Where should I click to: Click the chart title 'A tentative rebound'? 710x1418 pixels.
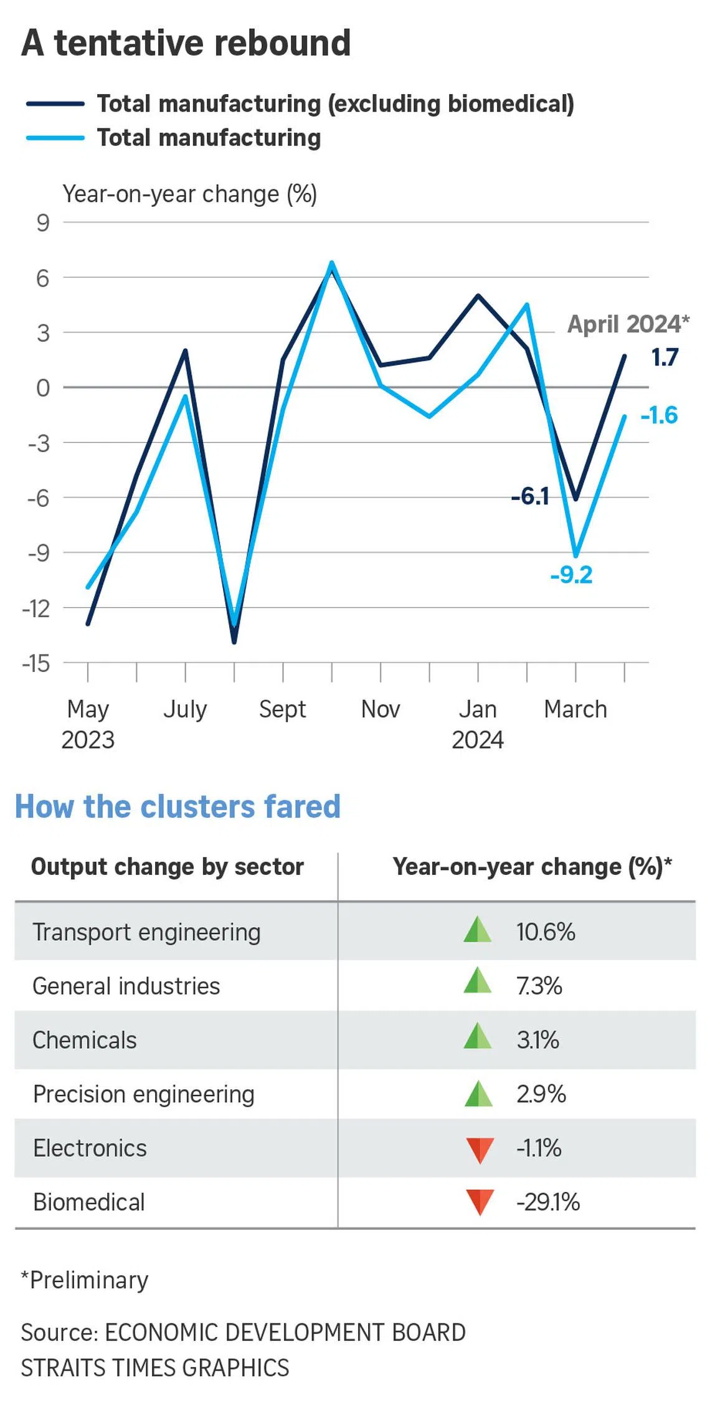click(186, 44)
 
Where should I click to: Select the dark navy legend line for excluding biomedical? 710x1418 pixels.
click(55, 104)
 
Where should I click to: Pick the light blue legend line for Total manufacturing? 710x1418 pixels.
click(55, 138)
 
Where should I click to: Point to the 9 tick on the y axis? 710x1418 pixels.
click(42, 222)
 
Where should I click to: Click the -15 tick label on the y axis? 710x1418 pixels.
click(36, 663)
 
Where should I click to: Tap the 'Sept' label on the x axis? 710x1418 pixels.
click(282, 709)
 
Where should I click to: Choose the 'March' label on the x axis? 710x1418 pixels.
click(575, 709)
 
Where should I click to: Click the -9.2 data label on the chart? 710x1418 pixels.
click(571, 575)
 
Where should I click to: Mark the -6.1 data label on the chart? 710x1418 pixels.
click(530, 496)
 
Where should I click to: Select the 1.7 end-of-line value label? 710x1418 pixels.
click(664, 357)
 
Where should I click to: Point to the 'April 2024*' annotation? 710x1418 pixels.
click(628, 324)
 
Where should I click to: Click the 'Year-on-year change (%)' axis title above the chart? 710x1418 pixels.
click(189, 194)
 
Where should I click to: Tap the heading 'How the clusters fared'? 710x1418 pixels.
click(177, 806)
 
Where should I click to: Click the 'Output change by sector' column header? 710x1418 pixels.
click(167, 867)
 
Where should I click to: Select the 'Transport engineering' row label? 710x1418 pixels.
click(146, 932)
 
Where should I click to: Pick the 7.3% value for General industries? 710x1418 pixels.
click(539, 986)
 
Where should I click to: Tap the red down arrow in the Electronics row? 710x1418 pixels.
click(480, 1150)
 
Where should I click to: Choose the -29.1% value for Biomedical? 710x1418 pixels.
click(547, 1203)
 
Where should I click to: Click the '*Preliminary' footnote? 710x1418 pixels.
click(85, 1280)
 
